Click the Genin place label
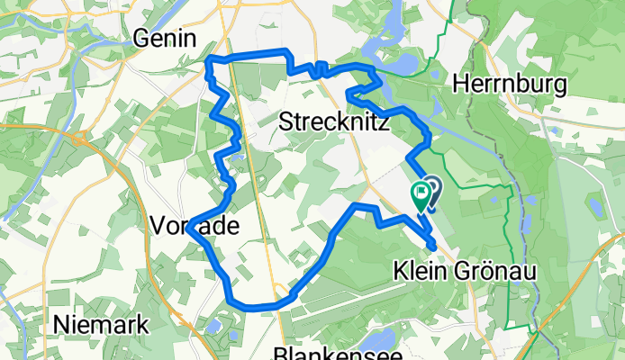coord(165,38)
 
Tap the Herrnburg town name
coord(510,85)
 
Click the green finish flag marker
coord(421,193)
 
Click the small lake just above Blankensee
coord(379,338)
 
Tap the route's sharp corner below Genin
coord(211,61)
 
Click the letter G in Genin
coord(141,38)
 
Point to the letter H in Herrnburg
coord(461,85)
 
